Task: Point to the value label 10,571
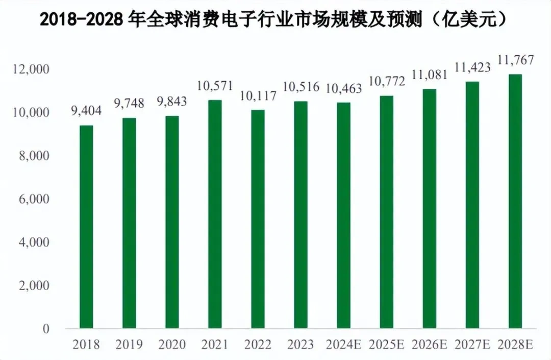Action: (x=215, y=87)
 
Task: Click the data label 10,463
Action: (x=343, y=89)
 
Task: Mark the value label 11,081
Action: (x=429, y=75)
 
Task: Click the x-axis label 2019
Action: (x=129, y=345)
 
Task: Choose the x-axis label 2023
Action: (x=300, y=345)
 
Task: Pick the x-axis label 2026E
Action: (x=429, y=345)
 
